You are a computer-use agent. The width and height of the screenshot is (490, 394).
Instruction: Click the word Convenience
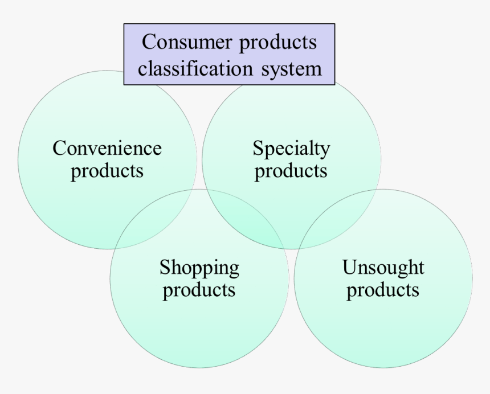click(x=107, y=149)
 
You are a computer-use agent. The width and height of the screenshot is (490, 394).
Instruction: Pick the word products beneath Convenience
click(x=107, y=171)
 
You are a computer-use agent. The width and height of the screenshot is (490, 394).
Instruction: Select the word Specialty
click(x=291, y=150)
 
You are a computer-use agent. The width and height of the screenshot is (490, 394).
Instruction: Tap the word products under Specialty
click(x=291, y=171)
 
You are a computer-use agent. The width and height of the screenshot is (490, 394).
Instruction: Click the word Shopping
click(x=199, y=268)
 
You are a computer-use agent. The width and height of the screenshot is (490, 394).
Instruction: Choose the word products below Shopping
click(x=199, y=290)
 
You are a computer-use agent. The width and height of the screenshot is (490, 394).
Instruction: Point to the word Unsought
click(x=383, y=267)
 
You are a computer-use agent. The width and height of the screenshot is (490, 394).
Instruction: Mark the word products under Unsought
click(x=383, y=290)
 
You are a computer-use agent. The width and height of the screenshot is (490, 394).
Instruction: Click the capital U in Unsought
click(x=348, y=267)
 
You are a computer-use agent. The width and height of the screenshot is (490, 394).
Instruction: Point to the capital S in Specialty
click(x=257, y=149)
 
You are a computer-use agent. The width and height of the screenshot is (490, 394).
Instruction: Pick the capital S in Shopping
click(x=165, y=267)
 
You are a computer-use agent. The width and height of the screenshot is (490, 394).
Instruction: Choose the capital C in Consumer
click(x=148, y=42)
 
